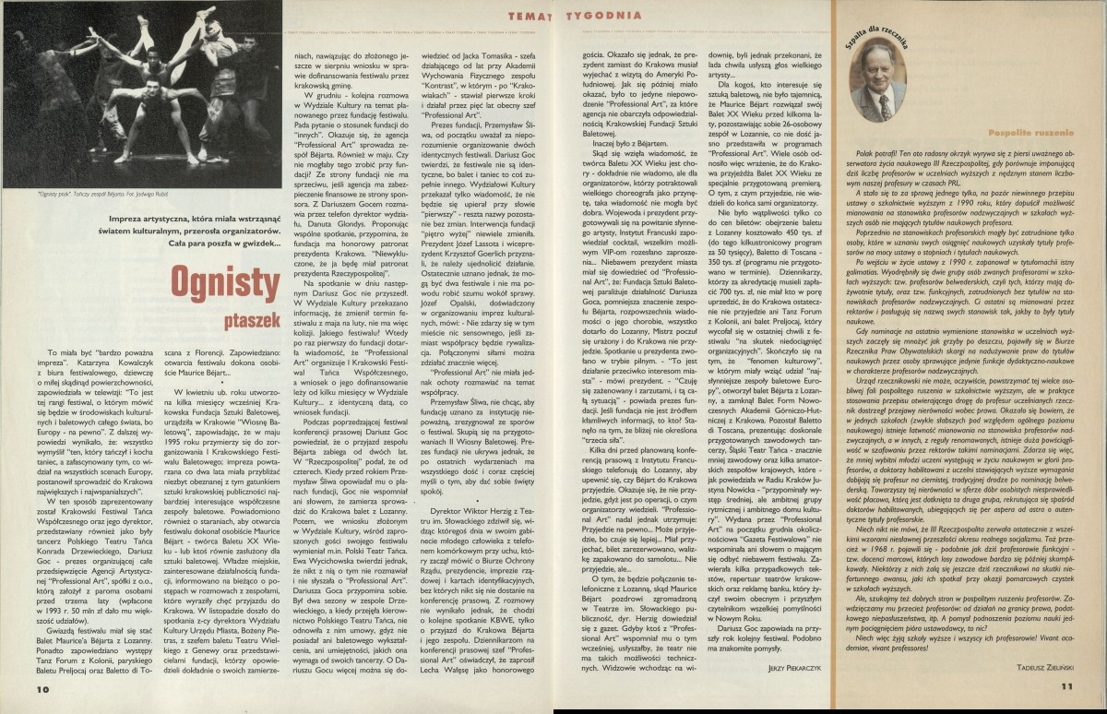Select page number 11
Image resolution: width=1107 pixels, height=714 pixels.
(1066, 685)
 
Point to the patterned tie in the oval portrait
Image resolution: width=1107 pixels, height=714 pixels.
(884, 106)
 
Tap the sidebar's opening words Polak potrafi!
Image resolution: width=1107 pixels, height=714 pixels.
(878, 153)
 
